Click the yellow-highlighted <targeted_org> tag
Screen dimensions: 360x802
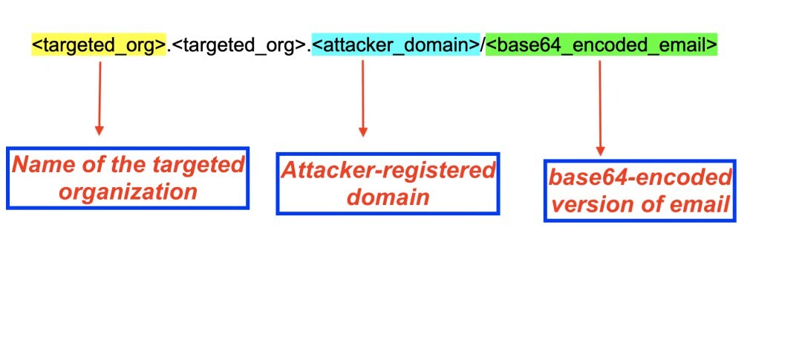[99, 46]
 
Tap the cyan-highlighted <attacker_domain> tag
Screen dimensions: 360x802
[396, 46]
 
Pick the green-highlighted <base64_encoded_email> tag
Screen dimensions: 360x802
[601, 46]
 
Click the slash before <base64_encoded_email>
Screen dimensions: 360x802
[483, 46]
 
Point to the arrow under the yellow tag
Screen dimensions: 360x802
[100, 96]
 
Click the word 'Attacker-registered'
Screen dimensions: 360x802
[388, 170]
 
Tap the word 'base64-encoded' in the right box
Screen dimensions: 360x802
[640, 177]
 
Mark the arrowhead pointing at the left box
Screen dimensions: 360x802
[100, 131]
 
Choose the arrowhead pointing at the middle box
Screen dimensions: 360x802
[363, 132]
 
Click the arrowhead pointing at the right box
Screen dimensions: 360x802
[600, 151]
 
